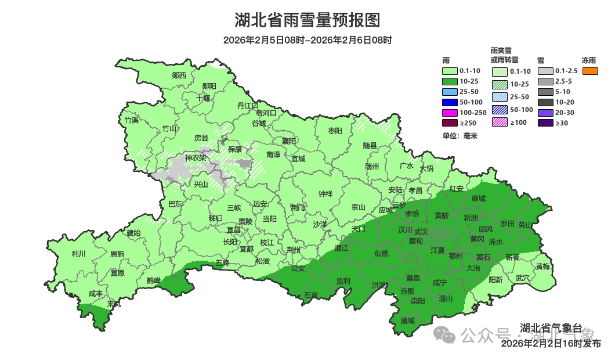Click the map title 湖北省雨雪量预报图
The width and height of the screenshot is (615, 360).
[x=307, y=21]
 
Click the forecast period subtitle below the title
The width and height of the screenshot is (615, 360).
[x=307, y=41]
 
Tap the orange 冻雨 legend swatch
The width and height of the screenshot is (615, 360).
[x=589, y=71]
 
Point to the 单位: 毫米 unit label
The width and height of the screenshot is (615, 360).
[x=460, y=136]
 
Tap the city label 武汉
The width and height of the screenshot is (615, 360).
[x=421, y=232]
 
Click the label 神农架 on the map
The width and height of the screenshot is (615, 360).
[x=196, y=158]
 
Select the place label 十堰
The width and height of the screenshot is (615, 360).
[x=203, y=98]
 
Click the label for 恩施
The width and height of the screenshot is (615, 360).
[x=117, y=254]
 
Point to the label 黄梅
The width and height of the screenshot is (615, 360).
[x=542, y=267]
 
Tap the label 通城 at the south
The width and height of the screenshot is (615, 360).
[x=408, y=321]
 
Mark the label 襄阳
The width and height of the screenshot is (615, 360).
[x=289, y=141]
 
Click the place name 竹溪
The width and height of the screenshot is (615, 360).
[x=132, y=120]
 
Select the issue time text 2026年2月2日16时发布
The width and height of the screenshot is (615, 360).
[x=551, y=344]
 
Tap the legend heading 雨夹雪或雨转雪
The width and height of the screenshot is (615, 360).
[x=504, y=55]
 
